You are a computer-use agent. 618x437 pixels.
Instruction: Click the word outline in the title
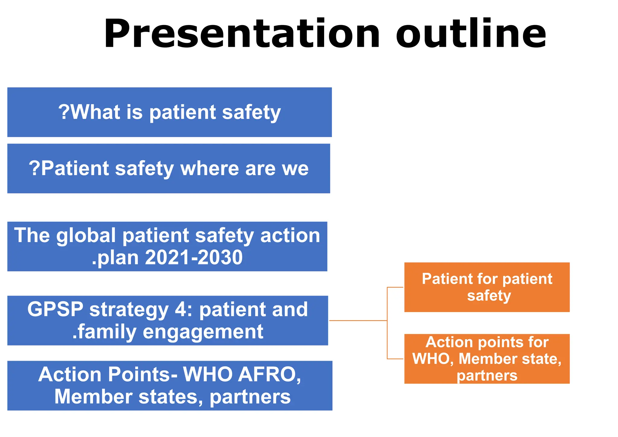pos(471,34)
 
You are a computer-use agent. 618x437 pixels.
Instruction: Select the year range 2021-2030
pos(194,258)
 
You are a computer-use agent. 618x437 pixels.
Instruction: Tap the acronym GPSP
pos(55,310)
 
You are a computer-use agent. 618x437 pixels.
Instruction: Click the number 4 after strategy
pos(181,310)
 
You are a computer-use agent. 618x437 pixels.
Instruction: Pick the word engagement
pos(203,332)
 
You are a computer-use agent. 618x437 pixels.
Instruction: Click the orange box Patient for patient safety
pos(486,287)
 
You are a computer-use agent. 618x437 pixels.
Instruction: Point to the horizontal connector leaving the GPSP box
pos(358,321)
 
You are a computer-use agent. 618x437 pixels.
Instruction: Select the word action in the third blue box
pos(290,236)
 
